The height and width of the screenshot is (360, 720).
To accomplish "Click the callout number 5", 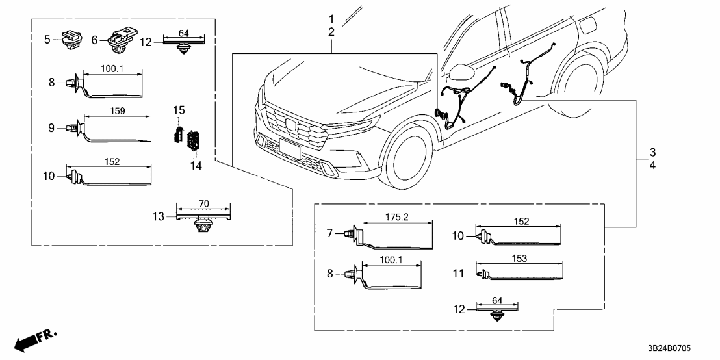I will (47, 40).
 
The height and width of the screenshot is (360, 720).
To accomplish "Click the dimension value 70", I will (204, 203).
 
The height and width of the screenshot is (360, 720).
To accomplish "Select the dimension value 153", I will (521, 257).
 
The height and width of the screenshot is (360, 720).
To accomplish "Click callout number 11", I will (459, 274).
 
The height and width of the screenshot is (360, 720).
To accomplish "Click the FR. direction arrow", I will (32, 341).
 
